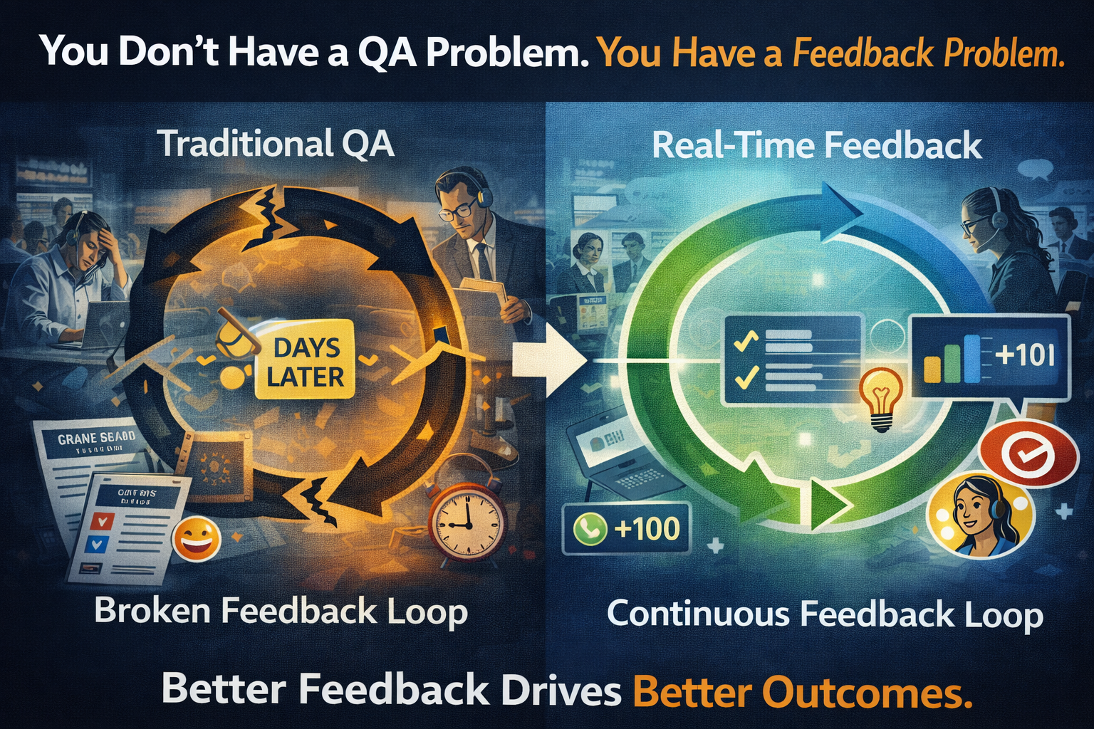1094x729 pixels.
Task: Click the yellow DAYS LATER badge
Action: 305,362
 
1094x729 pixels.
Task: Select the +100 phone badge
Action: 626,529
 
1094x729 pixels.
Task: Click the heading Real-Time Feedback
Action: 817,146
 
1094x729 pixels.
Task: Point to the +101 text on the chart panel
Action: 1026,354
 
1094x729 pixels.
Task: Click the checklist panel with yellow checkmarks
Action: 791,360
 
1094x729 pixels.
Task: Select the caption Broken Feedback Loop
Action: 281,612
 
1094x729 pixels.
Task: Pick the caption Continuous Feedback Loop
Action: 825,614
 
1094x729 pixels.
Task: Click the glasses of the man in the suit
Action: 457,209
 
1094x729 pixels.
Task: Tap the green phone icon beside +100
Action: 589,529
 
